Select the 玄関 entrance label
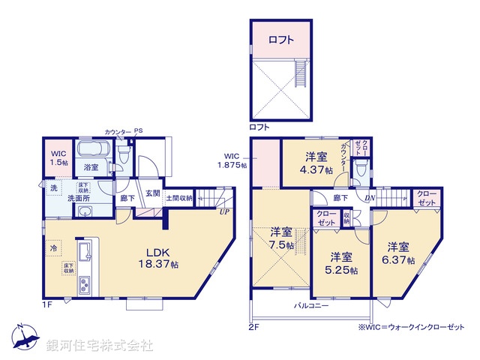(152, 193)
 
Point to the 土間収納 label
(179, 199)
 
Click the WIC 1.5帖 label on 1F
(58, 157)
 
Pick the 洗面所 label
(79, 199)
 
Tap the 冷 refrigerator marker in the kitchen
(54, 247)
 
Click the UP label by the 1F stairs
(224, 212)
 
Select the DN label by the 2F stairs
(370, 199)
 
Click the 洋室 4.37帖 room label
(314, 163)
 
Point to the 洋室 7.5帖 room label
(280, 238)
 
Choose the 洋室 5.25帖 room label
(341, 262)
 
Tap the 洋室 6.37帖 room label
(399, 253)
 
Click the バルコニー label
(311, 306)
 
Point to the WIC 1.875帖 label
(232, 160)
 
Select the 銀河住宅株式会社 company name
(100, 346)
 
